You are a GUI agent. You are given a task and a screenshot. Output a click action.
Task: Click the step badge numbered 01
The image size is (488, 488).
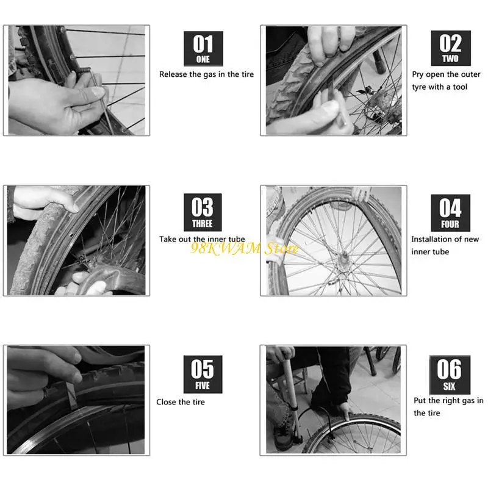[203, 49]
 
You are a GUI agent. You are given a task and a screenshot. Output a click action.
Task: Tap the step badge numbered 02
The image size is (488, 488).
[451, 49]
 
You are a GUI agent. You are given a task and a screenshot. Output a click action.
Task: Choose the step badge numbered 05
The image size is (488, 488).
[203, 374]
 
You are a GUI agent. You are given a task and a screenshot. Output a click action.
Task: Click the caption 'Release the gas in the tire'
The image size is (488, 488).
[206, 74]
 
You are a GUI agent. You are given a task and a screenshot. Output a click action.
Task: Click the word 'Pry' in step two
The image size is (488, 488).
[418, 74]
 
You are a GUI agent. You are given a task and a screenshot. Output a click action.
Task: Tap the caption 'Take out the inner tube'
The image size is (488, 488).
[202, 239]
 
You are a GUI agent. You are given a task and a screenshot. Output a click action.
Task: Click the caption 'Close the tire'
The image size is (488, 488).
[181, 402]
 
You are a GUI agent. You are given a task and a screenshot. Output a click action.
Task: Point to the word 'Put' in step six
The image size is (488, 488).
[419, 401]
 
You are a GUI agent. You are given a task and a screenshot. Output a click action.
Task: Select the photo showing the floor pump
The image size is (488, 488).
[333, 400]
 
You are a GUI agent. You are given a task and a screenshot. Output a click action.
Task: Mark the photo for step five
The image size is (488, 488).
[76, 400]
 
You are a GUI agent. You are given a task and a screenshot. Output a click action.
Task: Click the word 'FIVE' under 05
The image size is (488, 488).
[203, 386]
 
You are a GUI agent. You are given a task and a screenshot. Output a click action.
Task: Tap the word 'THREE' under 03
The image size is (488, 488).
[203, 224]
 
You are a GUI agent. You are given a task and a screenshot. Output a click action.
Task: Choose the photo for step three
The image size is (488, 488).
[76, 240]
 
